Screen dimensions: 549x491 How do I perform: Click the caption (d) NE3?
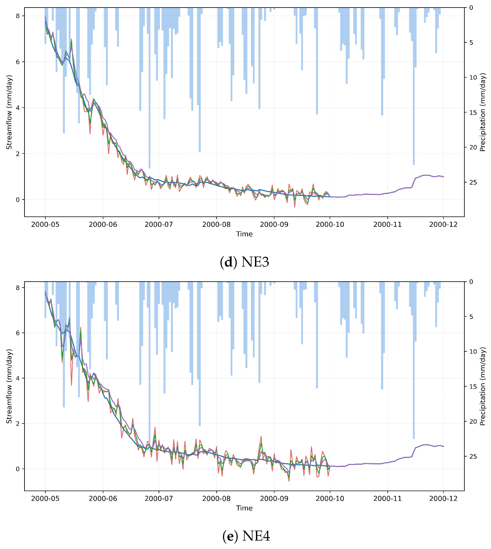[244, 262]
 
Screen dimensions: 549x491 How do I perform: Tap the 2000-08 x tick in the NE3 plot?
[216, 225]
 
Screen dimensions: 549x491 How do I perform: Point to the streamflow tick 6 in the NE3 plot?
[18, 62]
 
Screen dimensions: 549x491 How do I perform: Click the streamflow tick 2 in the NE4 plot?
[18, 424]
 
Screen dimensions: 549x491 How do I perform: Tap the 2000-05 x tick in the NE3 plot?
[45, 225]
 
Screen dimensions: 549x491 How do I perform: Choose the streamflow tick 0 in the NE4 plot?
[18, 469]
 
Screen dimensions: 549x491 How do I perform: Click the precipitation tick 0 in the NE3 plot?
[471, 7]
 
